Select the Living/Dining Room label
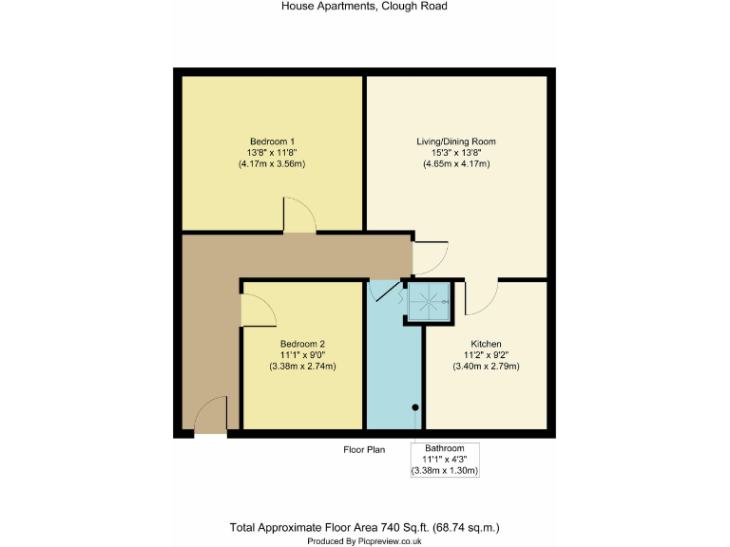[x=456, y=141]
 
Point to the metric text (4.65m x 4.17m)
[x=456, y=163]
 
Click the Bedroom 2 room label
[x=303, y=344]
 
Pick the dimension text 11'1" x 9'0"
[x=303, y=354]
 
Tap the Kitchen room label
[x=486, y=344]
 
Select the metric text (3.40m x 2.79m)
[x=486, y=366]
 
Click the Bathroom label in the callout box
[x=445, y=448]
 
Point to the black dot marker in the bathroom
[x=415, y=408]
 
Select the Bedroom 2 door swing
[x=257, y=310]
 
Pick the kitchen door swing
[x=480, y=297]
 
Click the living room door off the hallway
[x=429, y=255]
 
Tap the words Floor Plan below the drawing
[x=364, y=449]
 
